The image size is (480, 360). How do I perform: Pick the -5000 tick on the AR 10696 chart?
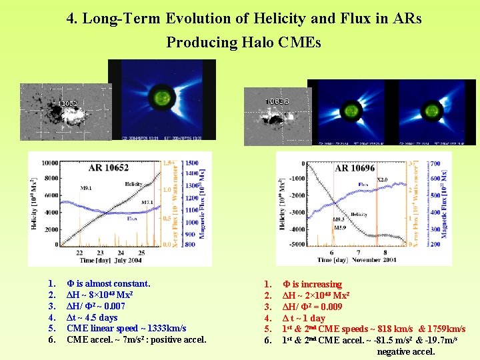295,245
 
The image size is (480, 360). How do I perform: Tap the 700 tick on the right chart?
435,163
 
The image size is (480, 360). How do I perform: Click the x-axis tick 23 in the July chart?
100,253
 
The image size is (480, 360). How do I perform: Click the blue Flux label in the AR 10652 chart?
132,217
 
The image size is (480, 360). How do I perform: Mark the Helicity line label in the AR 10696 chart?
359,215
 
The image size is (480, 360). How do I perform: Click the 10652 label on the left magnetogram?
68,104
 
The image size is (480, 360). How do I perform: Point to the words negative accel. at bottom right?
405,351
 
